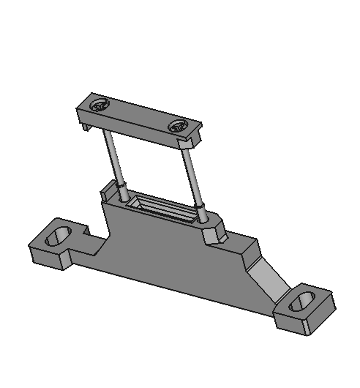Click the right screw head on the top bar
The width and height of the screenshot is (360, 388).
point(178,127)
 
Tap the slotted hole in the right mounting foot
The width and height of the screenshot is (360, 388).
point(301,303)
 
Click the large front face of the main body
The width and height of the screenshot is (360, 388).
point(168,256)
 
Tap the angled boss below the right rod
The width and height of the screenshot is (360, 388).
point(212,233)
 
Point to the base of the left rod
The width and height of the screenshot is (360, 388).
point(124,196)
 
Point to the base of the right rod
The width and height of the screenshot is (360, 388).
point(200,216)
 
